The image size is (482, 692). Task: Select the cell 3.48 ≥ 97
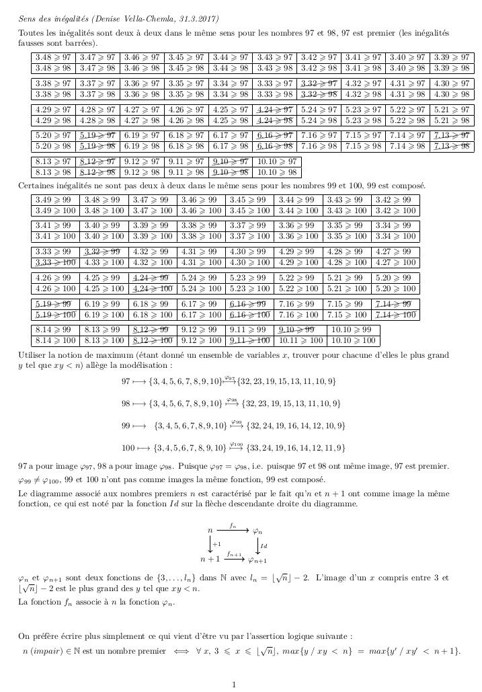[x=53, y=58]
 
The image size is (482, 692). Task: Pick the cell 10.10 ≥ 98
[x=278, y=172]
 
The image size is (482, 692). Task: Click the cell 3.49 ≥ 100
[x=56, y=211]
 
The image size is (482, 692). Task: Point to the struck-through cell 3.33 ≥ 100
[x=56, y=262]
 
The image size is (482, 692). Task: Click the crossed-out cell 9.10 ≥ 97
[x=230, y=161]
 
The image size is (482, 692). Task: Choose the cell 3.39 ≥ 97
[x=452, y=58]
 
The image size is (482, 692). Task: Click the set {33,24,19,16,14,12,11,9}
[x=298, y=447]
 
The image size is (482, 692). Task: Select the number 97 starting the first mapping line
[x=126, y=381]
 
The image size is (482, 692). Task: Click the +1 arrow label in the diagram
[x=216, y=544]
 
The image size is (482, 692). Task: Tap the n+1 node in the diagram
[x=210, y=559]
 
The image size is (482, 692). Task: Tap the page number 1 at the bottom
[x=234, y=684]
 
